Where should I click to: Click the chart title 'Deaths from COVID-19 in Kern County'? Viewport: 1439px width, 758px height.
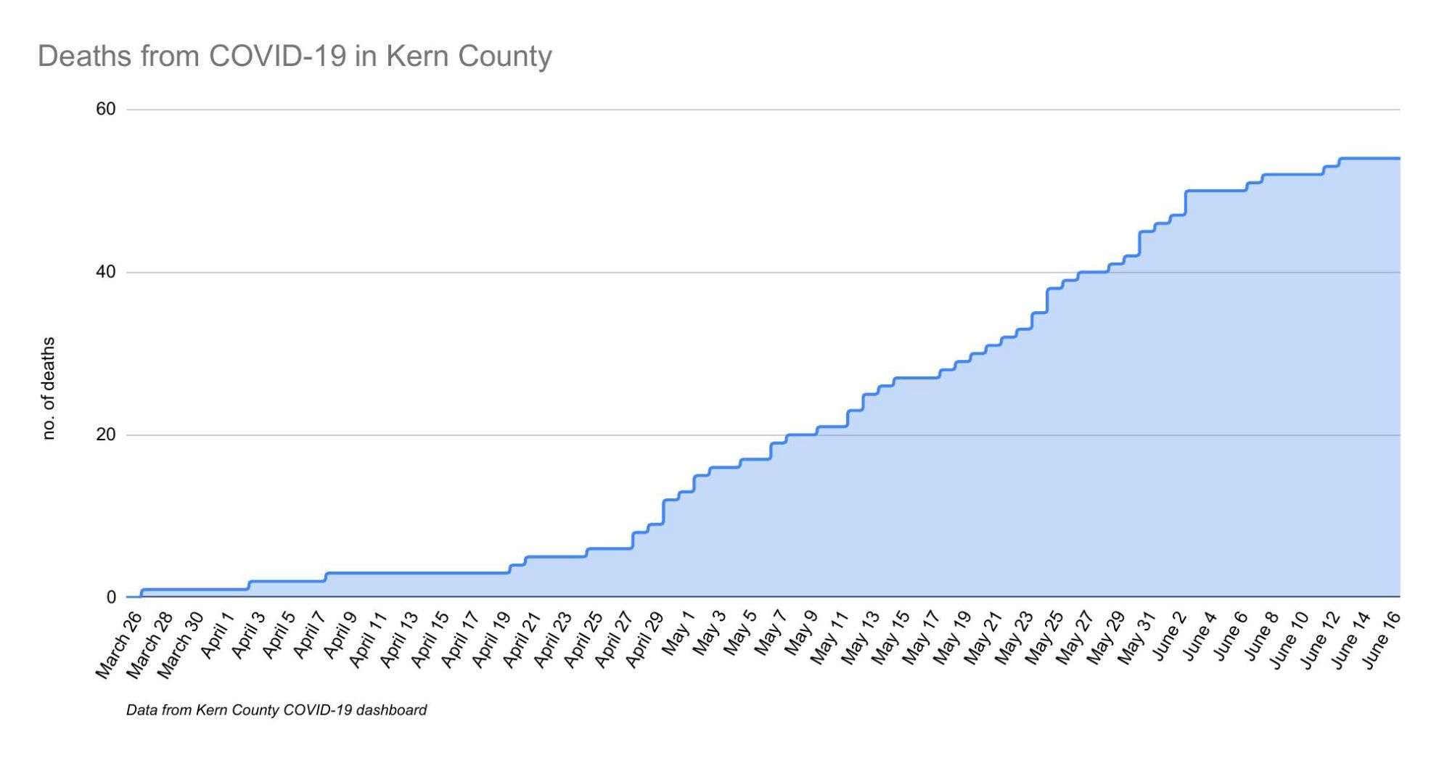point(295,57)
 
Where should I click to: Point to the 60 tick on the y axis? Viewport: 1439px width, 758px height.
point(106,110)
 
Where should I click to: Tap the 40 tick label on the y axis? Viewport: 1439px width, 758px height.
point(106,272)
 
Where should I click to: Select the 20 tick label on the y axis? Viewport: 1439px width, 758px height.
point(106,434)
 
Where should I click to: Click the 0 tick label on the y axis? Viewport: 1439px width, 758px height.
point(111,597)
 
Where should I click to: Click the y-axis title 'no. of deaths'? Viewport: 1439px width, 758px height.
point(49,388)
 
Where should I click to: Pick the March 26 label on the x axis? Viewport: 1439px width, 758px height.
point(118,646)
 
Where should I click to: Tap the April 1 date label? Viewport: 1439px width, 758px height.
point(217,635)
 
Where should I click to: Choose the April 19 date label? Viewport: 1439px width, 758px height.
point(491,639)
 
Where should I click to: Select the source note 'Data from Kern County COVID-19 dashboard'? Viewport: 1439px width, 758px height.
point(276,710)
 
